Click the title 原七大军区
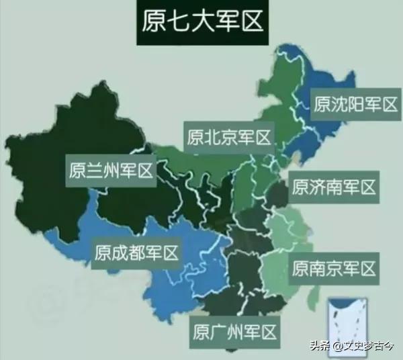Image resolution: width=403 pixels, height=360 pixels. (x=199, y=22)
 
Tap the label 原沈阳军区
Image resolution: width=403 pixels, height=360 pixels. (x=355, y=104)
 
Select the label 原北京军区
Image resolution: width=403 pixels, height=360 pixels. (x=228, y=138)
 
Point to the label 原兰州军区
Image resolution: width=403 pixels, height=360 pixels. (x=111, y=171)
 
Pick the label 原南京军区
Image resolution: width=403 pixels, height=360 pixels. (x=334, y=269)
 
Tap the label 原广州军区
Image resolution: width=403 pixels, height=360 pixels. (x=234, y=332)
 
